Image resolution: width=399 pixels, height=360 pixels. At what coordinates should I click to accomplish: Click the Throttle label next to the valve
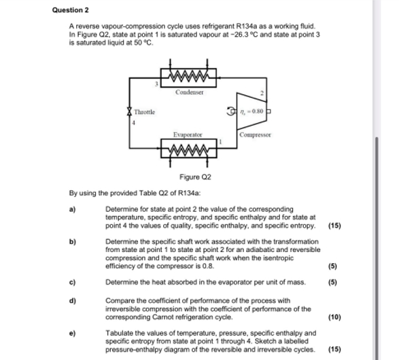pyautogui.click(x=144, y=111)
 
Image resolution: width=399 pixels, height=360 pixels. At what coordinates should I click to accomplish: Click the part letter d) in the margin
pyautogui.click(x=73, y=300)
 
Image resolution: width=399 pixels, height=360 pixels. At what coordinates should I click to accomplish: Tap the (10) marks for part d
pyautogui.click(x=334, y=317)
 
